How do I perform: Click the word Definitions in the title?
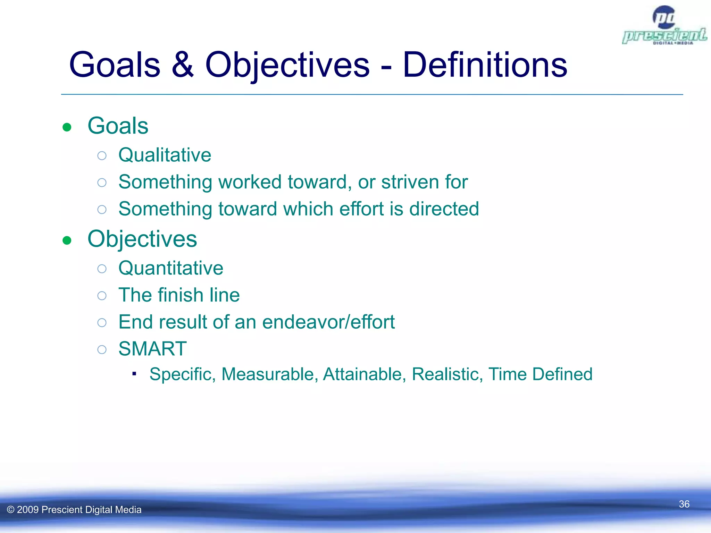pos(485,65)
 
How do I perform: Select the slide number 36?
pos(684,504)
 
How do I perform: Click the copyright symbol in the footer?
pos(11,510)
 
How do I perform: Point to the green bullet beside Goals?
pos(67,127)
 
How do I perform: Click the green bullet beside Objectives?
pos(67,240)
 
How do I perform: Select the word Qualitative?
pos(165,155)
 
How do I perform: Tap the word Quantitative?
pos(170,268)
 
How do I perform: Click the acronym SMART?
pos(152,349)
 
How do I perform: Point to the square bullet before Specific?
pos(134,374)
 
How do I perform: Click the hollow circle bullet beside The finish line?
pos(102,296)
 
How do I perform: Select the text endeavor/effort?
pos(328,322)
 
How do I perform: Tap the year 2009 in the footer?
pos(27,510)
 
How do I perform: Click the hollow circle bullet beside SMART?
pos(102,349)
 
